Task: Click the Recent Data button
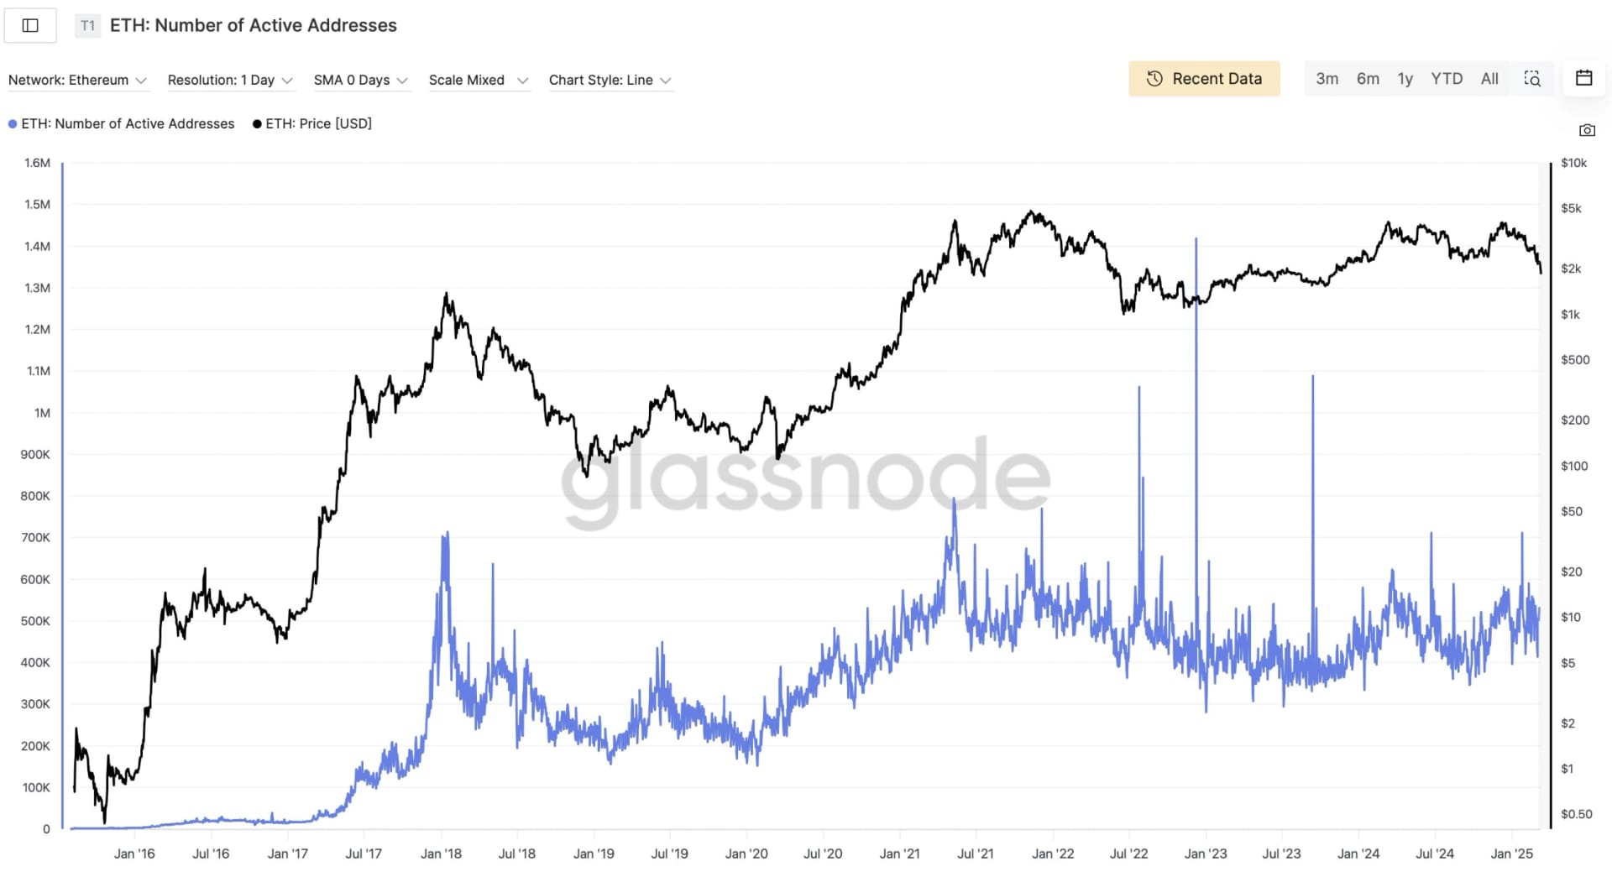[x=1203, y=79]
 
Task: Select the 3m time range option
[x=1327, y=79]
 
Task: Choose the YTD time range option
[x=1446, y=79]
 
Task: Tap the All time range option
[x=1489, y=79]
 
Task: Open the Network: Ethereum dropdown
[x=77, y=81]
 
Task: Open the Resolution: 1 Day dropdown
[x=229, y=81]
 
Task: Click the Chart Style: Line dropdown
[x=610, y=81]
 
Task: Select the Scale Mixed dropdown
[x=478, y=81]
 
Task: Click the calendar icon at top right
[x=1583, y=78]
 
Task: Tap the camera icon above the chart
[x=1587, y=130]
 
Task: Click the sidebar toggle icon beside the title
[x=30, y=25]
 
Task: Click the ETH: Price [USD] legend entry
[x=312, y=124]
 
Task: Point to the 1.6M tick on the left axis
[x=37, y=163]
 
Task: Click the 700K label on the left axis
[x=35, y=537]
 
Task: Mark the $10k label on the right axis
[x=1573, y=163]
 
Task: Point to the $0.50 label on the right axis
[x=1576, y=814]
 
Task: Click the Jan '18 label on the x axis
[x=441, y=854]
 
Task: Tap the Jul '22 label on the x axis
[x=1128, y=854]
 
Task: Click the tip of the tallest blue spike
[x=1196, y=239]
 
